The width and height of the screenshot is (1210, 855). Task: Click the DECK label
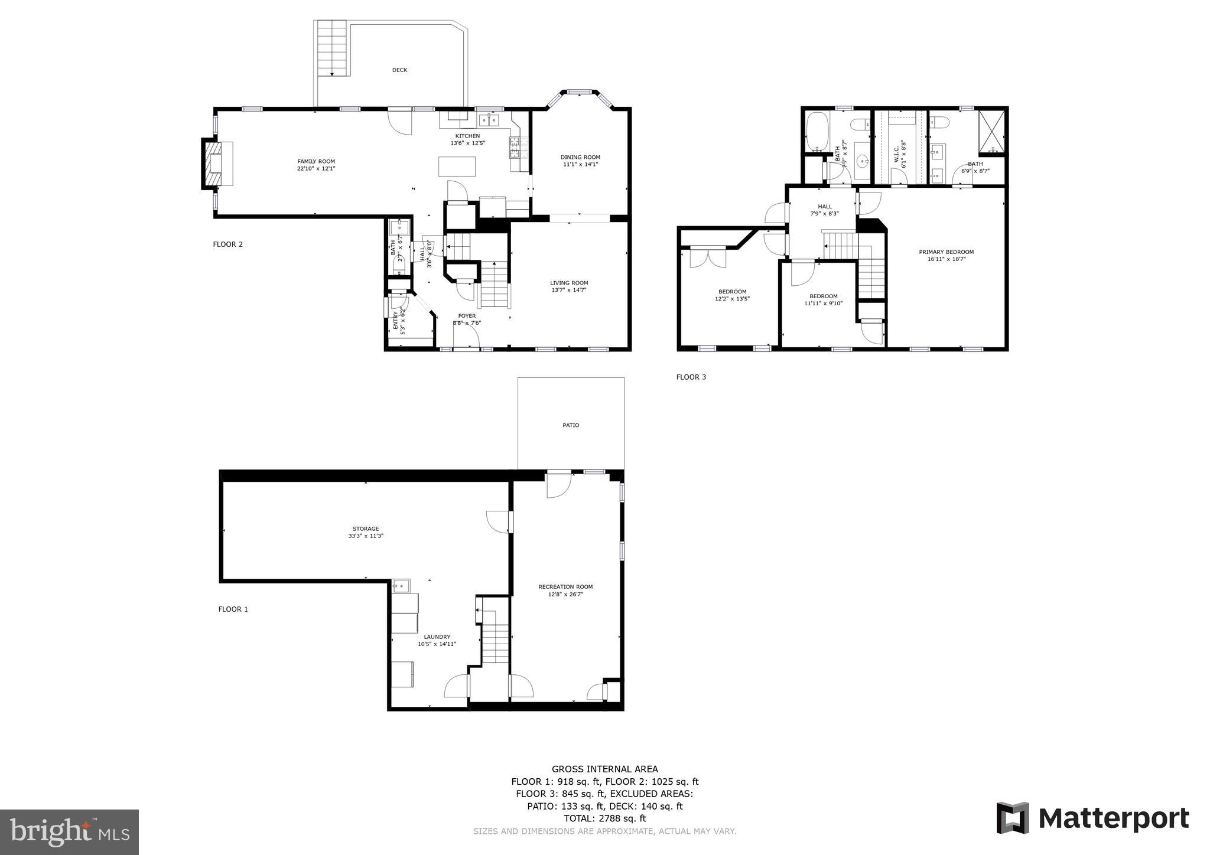(399, 70)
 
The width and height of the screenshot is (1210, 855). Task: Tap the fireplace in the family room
(214, 164)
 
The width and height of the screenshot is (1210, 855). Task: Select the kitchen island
(457, 167)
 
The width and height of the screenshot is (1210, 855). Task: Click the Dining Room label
(580, 157)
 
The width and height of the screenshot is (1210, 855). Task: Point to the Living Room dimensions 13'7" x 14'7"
(569, 290)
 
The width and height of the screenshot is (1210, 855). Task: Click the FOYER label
(467, 316)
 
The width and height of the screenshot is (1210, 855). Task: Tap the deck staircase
(331, 47)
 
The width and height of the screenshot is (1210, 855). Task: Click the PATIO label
(571, 425)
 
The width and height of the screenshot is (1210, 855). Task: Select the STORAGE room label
(366, 529)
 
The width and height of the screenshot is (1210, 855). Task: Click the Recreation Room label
(565, 587)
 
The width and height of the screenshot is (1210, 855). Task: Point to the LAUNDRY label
(437, 637)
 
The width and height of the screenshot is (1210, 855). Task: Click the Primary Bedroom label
(946, 252)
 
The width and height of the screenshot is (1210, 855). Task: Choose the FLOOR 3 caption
(691, 377)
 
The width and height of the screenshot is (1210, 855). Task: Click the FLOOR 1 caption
(233, 609)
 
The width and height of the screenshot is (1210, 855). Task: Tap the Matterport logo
(1092, 818)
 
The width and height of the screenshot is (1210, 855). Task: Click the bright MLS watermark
(69, 832)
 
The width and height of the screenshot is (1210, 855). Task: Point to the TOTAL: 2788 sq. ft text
(604, 818)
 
